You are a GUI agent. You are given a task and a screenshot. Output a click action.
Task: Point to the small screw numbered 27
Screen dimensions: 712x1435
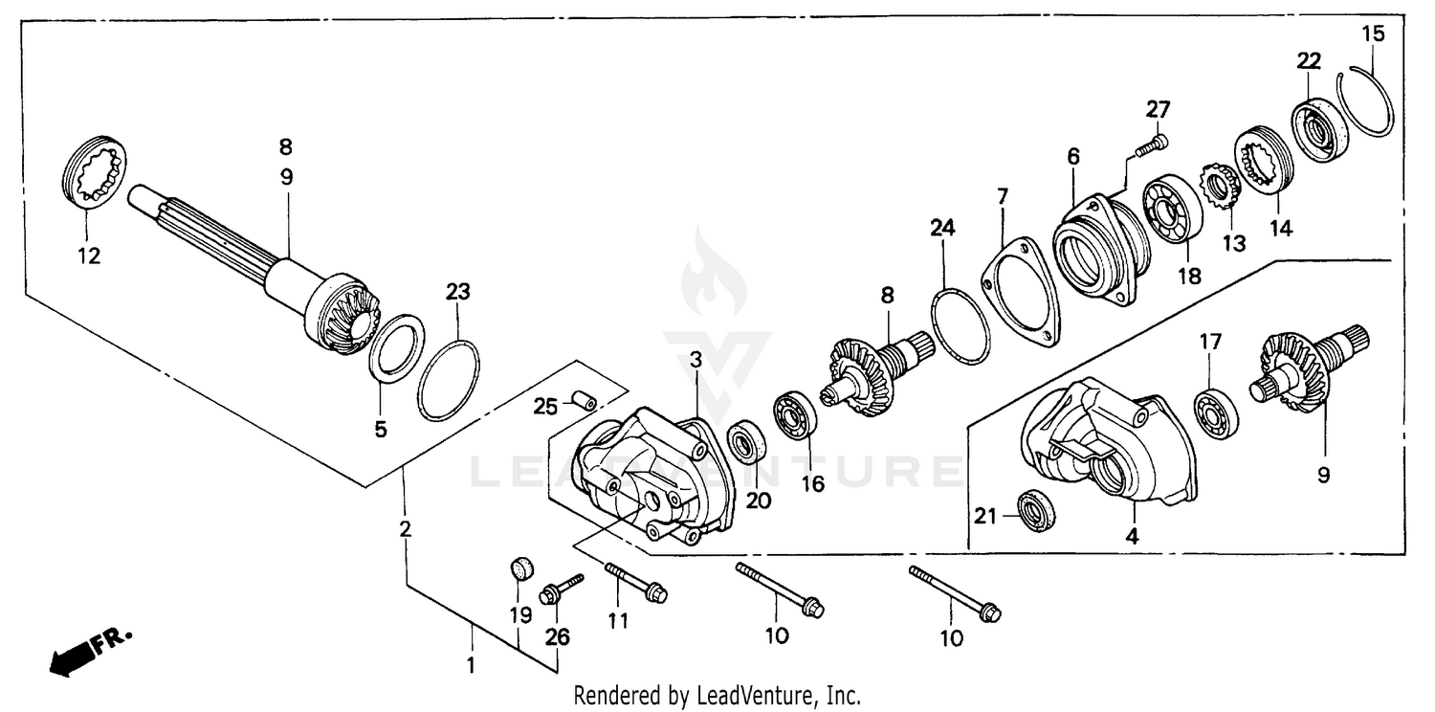[1151, 145]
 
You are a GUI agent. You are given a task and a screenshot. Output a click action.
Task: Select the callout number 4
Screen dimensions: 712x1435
[1132, 537]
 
